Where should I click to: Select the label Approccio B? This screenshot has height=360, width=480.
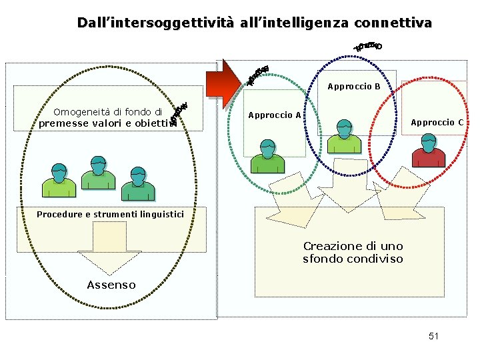pos(353,87)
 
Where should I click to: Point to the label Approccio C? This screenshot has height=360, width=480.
pos(437,123)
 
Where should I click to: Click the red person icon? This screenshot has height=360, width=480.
pos(429,151)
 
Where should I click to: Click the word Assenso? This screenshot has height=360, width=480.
pos(111,285)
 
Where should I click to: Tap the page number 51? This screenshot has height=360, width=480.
pos(433,336)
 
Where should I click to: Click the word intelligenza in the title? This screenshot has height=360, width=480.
pos(311,23)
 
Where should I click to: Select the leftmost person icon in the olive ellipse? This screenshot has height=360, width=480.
pos(59,179)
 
